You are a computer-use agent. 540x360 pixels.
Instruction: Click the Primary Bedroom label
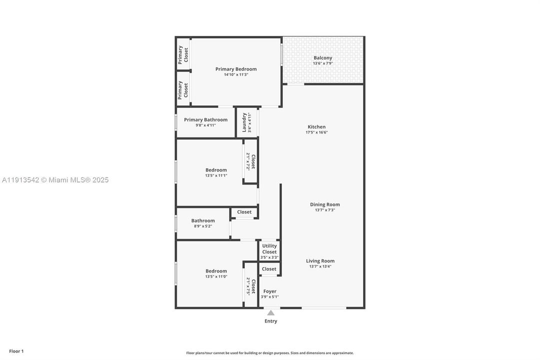pyautogui.click(x=236, y=69)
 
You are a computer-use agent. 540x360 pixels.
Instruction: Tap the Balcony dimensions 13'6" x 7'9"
pyautogui.click(x=322, y=63)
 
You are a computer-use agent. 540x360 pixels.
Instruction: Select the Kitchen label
pyautogui.click(x=316, y=127)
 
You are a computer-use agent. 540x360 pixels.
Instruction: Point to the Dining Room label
pyautogui.click(x=325, y=204)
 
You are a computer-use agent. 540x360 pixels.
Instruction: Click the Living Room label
pyautogui.click(x=320, y=261)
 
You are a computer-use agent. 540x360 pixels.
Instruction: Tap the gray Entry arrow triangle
pyautogui.click(x=270, y=313)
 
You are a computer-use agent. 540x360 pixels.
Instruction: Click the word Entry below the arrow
pyautogui.click(x=271, y=321)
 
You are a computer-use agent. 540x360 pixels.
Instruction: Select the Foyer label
pyautogui.click(x=270, y=291)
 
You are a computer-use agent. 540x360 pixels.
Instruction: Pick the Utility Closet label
pyautogui.click(x=269, y=249)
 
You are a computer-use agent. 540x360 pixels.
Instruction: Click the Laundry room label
pyautogui.click(x=244, y=122)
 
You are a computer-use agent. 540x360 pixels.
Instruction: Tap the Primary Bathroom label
pyautogui.click(x=205, y=119)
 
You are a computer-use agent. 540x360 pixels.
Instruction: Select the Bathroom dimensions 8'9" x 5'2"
pyautogui.click(x=203, y=226)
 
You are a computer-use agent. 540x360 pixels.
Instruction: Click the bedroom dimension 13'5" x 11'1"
pyautogui.click(x=216, y=175)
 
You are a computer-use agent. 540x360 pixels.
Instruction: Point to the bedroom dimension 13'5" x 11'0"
pyautogui.click(x=216, y=276)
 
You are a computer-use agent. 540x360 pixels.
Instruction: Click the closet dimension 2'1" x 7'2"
pyautogui.click(x=248, y=161)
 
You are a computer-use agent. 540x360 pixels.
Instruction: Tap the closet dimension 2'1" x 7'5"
pyautogui.click(x=248, y=286)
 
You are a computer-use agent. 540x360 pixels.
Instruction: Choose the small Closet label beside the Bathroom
pyautogui.click(x=244, y=212)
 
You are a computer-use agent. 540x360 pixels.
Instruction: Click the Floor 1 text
pyautogui.click(x=16, y=351)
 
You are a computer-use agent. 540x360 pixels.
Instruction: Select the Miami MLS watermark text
pyautogui.click(x=55, y=180)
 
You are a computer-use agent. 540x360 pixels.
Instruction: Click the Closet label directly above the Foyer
pyautogui.click(x=269, y=269)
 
